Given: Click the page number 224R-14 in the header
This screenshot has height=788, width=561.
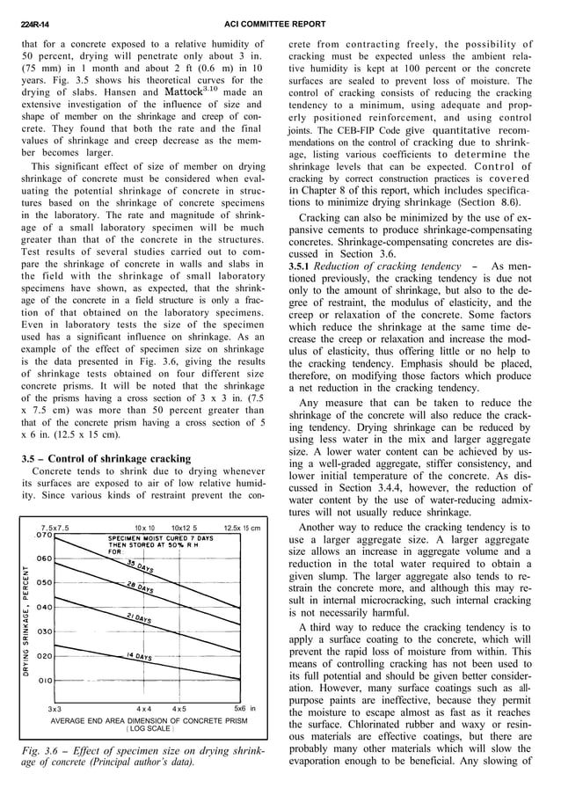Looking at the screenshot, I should [34, 25].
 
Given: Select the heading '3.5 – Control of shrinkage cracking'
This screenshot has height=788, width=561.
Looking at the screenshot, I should [106, 458].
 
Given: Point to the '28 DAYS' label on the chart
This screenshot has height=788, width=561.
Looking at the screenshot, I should [142, 587].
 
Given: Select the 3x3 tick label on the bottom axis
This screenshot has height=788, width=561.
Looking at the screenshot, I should [55, 708].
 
